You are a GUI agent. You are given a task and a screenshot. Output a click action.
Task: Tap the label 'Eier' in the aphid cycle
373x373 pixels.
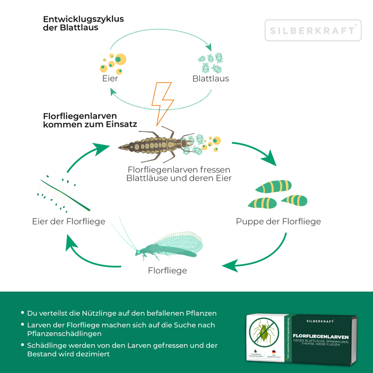[x=110, y=78]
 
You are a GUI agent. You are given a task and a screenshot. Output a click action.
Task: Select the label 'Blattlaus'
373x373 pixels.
[x=210, y=78]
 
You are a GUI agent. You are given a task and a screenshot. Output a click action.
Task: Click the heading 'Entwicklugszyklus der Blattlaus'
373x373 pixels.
[x=83, y=23]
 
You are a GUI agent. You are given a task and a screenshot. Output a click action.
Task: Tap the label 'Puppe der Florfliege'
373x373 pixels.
[x=278, y=221]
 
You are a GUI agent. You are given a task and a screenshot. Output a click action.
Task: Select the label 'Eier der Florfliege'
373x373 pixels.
[x=68, y=221]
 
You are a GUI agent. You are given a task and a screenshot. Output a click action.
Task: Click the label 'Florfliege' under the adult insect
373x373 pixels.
[x=167, y=271]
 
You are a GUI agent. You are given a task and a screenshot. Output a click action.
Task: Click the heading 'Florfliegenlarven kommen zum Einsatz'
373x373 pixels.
[x=90, y=120]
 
